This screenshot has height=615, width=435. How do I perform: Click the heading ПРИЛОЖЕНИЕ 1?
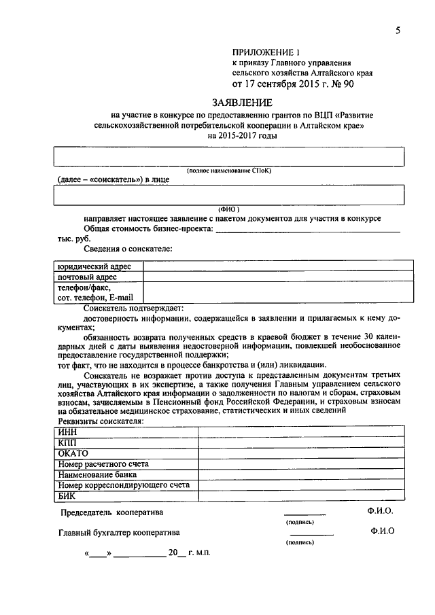[x=266, y=52]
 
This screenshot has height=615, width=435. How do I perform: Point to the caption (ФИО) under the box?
[x=228, y=209]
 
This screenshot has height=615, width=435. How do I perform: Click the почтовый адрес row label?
[x=88, y=277]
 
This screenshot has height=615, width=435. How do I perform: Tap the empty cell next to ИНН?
[x=301, y=431]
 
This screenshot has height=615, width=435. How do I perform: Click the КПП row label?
[x=68, y=442]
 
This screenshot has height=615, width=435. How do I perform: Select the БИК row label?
[x=68, y=496]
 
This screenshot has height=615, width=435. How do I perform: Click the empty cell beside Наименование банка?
[x=301, y=474]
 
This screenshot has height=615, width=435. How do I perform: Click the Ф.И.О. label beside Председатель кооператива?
[x=380, y=510]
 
